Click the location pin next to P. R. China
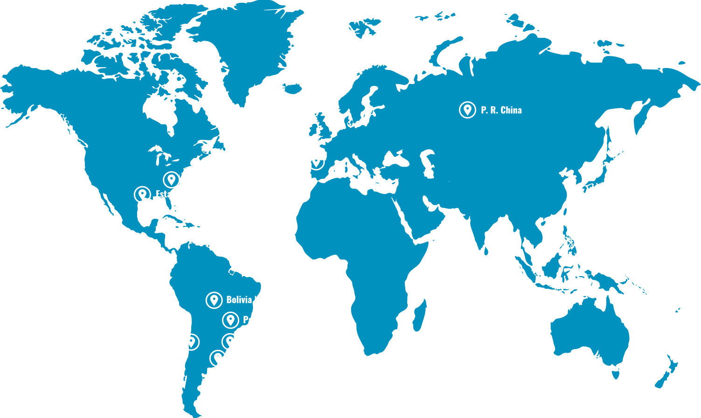coord(467,110)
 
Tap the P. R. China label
coord(501,110)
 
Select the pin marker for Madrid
coord(316,161)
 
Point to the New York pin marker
coord(171,179)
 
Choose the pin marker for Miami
coord(142,194)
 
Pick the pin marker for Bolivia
coord(214,300)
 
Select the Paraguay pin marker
coord(230,320)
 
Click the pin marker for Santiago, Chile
coord(191,341)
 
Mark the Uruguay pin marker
coord(230,341)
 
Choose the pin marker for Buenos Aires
coord(218,358)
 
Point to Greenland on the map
coord(243,51)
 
